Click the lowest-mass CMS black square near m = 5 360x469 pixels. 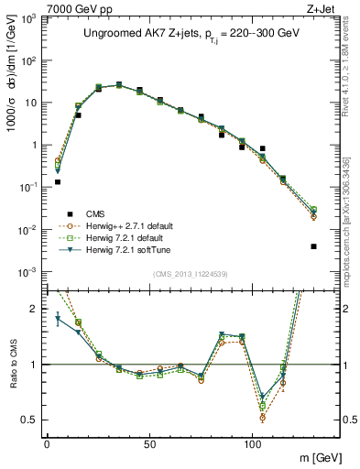tap(58, 182)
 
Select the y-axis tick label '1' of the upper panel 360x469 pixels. tap(32, 145)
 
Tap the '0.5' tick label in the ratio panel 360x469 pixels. tap(27, 420)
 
